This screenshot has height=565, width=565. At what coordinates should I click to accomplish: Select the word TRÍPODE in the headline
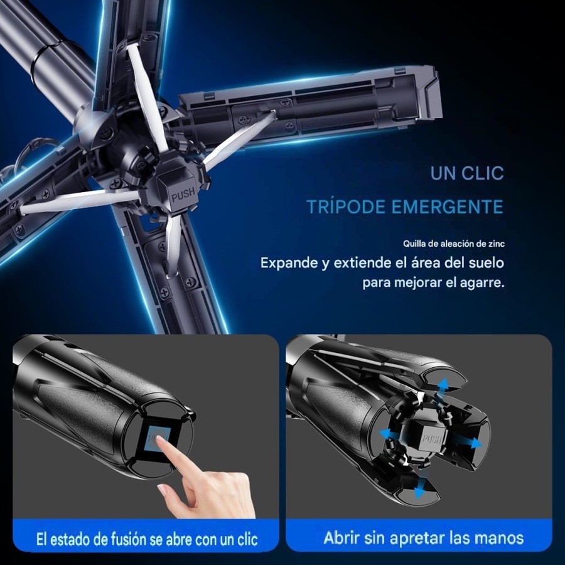346,207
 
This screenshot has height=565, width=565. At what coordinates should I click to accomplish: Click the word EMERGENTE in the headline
447,207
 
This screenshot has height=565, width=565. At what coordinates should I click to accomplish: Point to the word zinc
496,244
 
